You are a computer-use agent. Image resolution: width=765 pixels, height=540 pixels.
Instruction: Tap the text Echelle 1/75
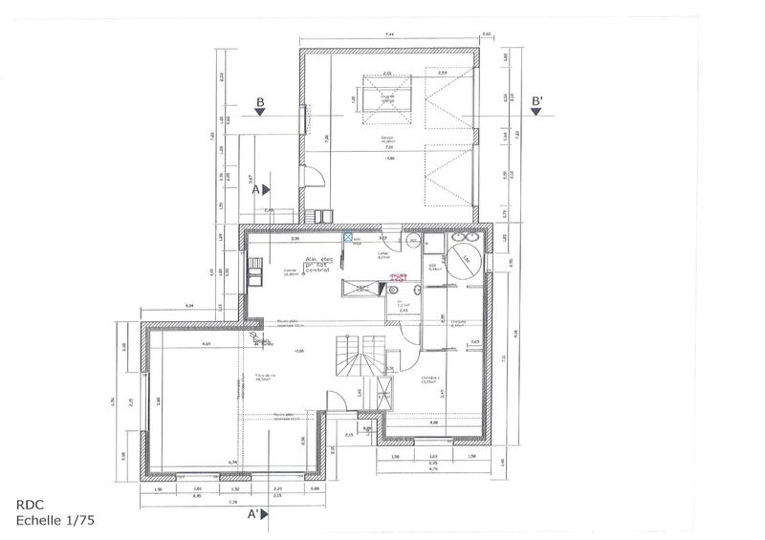click(55, 522)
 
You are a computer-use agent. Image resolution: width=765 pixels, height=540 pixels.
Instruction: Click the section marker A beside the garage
click(256, 189)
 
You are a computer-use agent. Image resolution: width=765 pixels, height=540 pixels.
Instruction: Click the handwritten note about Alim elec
click(323, 266)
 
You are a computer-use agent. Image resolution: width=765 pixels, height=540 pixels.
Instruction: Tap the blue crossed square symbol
click(348, 234)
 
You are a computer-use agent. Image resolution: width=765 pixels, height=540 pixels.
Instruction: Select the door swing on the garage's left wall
click(311, 175)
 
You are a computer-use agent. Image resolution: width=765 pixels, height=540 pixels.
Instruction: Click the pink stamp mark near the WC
click(398, 278)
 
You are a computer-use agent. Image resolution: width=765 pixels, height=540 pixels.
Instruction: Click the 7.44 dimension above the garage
click(389, 35)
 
